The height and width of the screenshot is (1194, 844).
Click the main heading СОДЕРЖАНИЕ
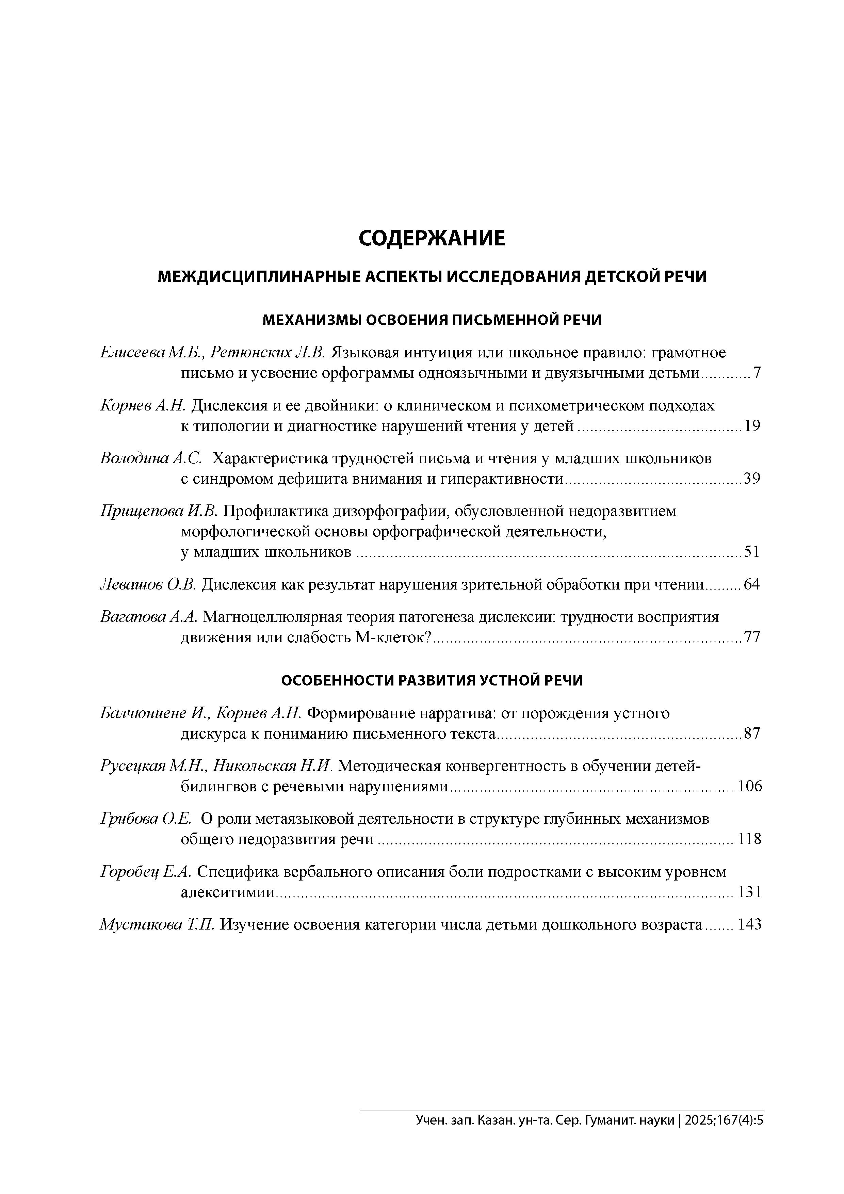click(431, 239)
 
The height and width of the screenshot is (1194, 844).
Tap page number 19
click(752, 426)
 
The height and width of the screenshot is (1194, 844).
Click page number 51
click(752, 552)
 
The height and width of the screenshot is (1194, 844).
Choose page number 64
click(752, 584)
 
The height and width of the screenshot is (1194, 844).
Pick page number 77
click(752, 637)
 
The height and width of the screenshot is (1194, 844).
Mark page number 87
click(752, 734)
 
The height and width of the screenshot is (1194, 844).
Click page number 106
click(749, 786)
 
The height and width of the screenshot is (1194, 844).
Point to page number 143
click(749, 925)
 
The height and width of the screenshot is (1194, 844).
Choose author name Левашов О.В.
click(148, 584)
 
